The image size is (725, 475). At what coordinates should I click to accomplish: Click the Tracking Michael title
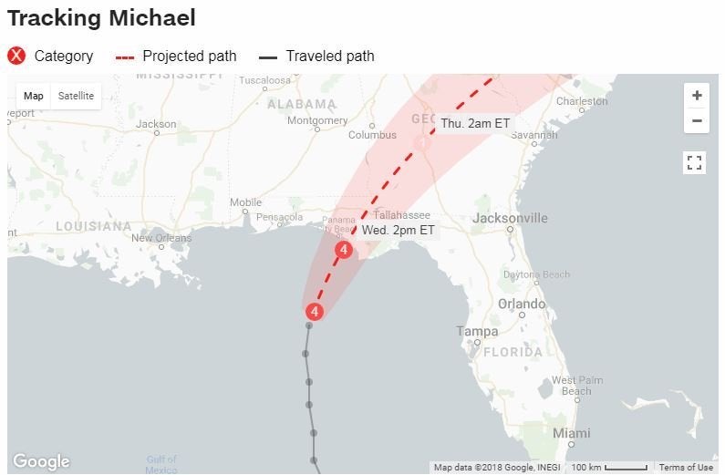click(101, 17)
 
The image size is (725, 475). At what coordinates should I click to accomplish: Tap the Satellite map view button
click(76, 97)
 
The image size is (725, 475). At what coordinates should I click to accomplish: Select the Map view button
click(34, 97)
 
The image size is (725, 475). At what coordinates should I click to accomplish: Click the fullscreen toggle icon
click(695, 163)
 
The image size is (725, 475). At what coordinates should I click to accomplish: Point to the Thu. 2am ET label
click(475, 123)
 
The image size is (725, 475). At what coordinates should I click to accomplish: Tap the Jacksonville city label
click(510, 219)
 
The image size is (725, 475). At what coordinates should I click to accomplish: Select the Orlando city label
click(521, 304)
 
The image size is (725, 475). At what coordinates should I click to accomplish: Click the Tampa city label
click(477, 332)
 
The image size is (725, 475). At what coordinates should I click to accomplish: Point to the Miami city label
click(572, 433)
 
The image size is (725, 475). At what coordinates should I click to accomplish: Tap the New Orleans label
click(161, 239)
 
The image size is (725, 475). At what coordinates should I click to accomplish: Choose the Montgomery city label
click(317, 120)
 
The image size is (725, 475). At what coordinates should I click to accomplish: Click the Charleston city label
click(582, 101)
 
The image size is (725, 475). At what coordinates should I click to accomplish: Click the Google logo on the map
click(41, 461)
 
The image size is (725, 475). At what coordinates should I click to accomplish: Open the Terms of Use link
click(686, 468)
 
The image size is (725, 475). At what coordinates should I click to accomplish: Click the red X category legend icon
click(16, 56)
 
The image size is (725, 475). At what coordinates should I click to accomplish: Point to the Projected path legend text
click(190, 56)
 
